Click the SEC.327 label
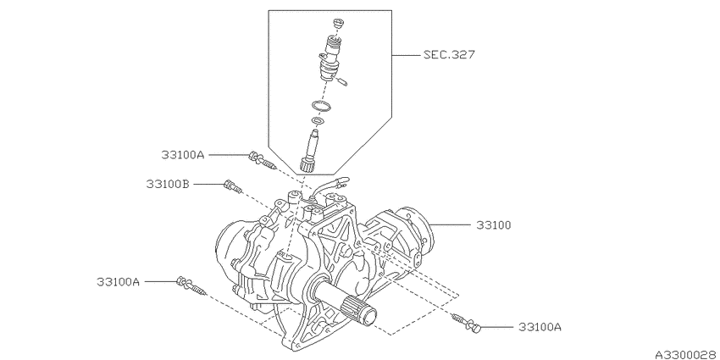449,55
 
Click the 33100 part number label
493,225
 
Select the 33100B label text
168,184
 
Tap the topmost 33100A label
182,155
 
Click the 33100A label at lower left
118,281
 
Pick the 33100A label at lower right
540,327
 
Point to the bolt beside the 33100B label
232,186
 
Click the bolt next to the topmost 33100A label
262,161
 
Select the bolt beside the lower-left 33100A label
191,285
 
